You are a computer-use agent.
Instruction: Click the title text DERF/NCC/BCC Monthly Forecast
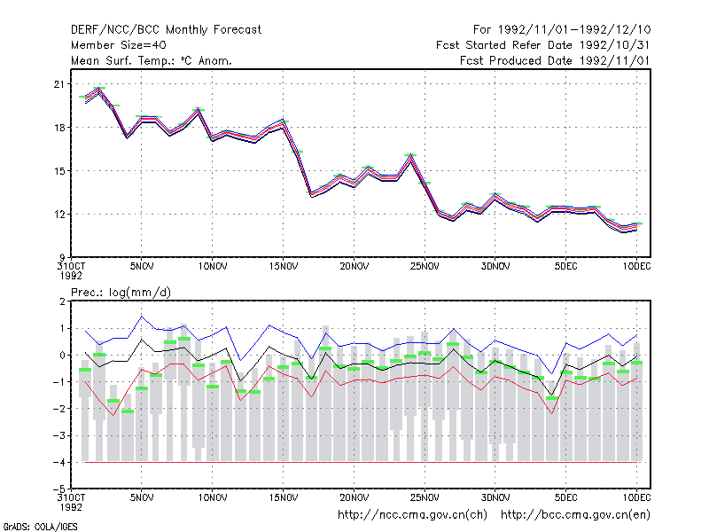coord(166,30)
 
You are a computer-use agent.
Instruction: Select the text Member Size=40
coord(119,45)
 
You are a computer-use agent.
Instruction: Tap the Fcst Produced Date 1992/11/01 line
coord(555,60)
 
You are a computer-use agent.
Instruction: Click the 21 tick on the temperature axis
coord(59,84)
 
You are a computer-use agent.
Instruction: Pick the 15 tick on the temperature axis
coord(59,171)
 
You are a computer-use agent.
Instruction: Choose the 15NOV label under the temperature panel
coord(284,267)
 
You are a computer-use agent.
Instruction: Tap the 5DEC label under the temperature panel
coord(565,267)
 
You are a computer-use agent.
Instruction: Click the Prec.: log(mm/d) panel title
coord(121,293)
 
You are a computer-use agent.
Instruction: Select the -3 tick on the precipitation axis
coord(58,435)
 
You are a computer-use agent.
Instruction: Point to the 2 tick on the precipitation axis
coord(62,301)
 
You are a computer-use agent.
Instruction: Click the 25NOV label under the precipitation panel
coord(425,497)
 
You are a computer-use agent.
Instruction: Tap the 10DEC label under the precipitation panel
coord(636,497)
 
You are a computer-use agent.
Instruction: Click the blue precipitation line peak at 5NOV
coord(142,317)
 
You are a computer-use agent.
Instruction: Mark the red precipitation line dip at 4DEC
coord(551,413)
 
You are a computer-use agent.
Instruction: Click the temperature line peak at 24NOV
coord(410,155)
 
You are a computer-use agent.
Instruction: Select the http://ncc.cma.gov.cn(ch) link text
coord(412,515)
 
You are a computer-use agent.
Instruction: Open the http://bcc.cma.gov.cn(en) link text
coord(575,515)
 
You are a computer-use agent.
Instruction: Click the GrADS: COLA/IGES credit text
coord(40,527)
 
